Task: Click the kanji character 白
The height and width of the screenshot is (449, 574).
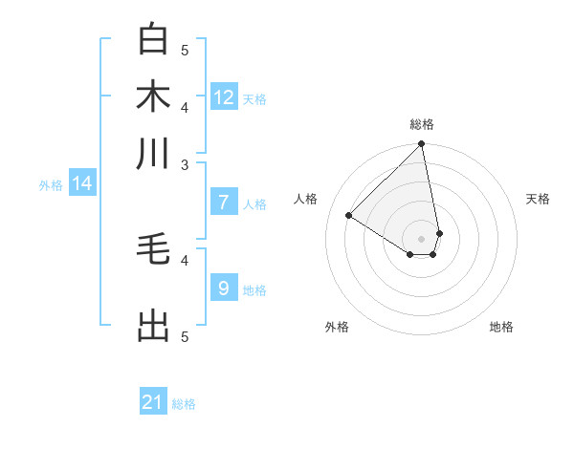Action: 153,39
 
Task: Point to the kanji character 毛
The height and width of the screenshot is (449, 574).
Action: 153,249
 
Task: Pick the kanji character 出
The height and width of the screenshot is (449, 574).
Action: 153,326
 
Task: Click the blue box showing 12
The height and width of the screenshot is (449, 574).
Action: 224,97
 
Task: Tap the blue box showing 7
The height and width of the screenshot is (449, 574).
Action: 224,203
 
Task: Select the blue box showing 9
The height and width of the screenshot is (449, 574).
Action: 224,289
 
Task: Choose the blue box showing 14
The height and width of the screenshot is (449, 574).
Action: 82,183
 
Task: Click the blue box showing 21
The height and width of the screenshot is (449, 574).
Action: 153,402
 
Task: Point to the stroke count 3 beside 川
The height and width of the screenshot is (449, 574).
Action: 185,164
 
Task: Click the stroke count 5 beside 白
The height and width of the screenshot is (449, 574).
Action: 185,50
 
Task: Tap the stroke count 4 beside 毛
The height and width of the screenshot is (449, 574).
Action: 185,259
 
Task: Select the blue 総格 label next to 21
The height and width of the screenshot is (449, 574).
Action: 184,404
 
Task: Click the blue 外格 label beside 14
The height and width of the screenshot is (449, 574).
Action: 51,185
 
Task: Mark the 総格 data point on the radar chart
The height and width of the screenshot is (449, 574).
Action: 421,144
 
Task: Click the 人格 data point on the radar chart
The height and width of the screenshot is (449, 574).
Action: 349,216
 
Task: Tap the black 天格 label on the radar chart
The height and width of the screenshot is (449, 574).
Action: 539,199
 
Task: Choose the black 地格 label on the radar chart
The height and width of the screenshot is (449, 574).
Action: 501,327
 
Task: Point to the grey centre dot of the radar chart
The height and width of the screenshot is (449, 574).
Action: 421,238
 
